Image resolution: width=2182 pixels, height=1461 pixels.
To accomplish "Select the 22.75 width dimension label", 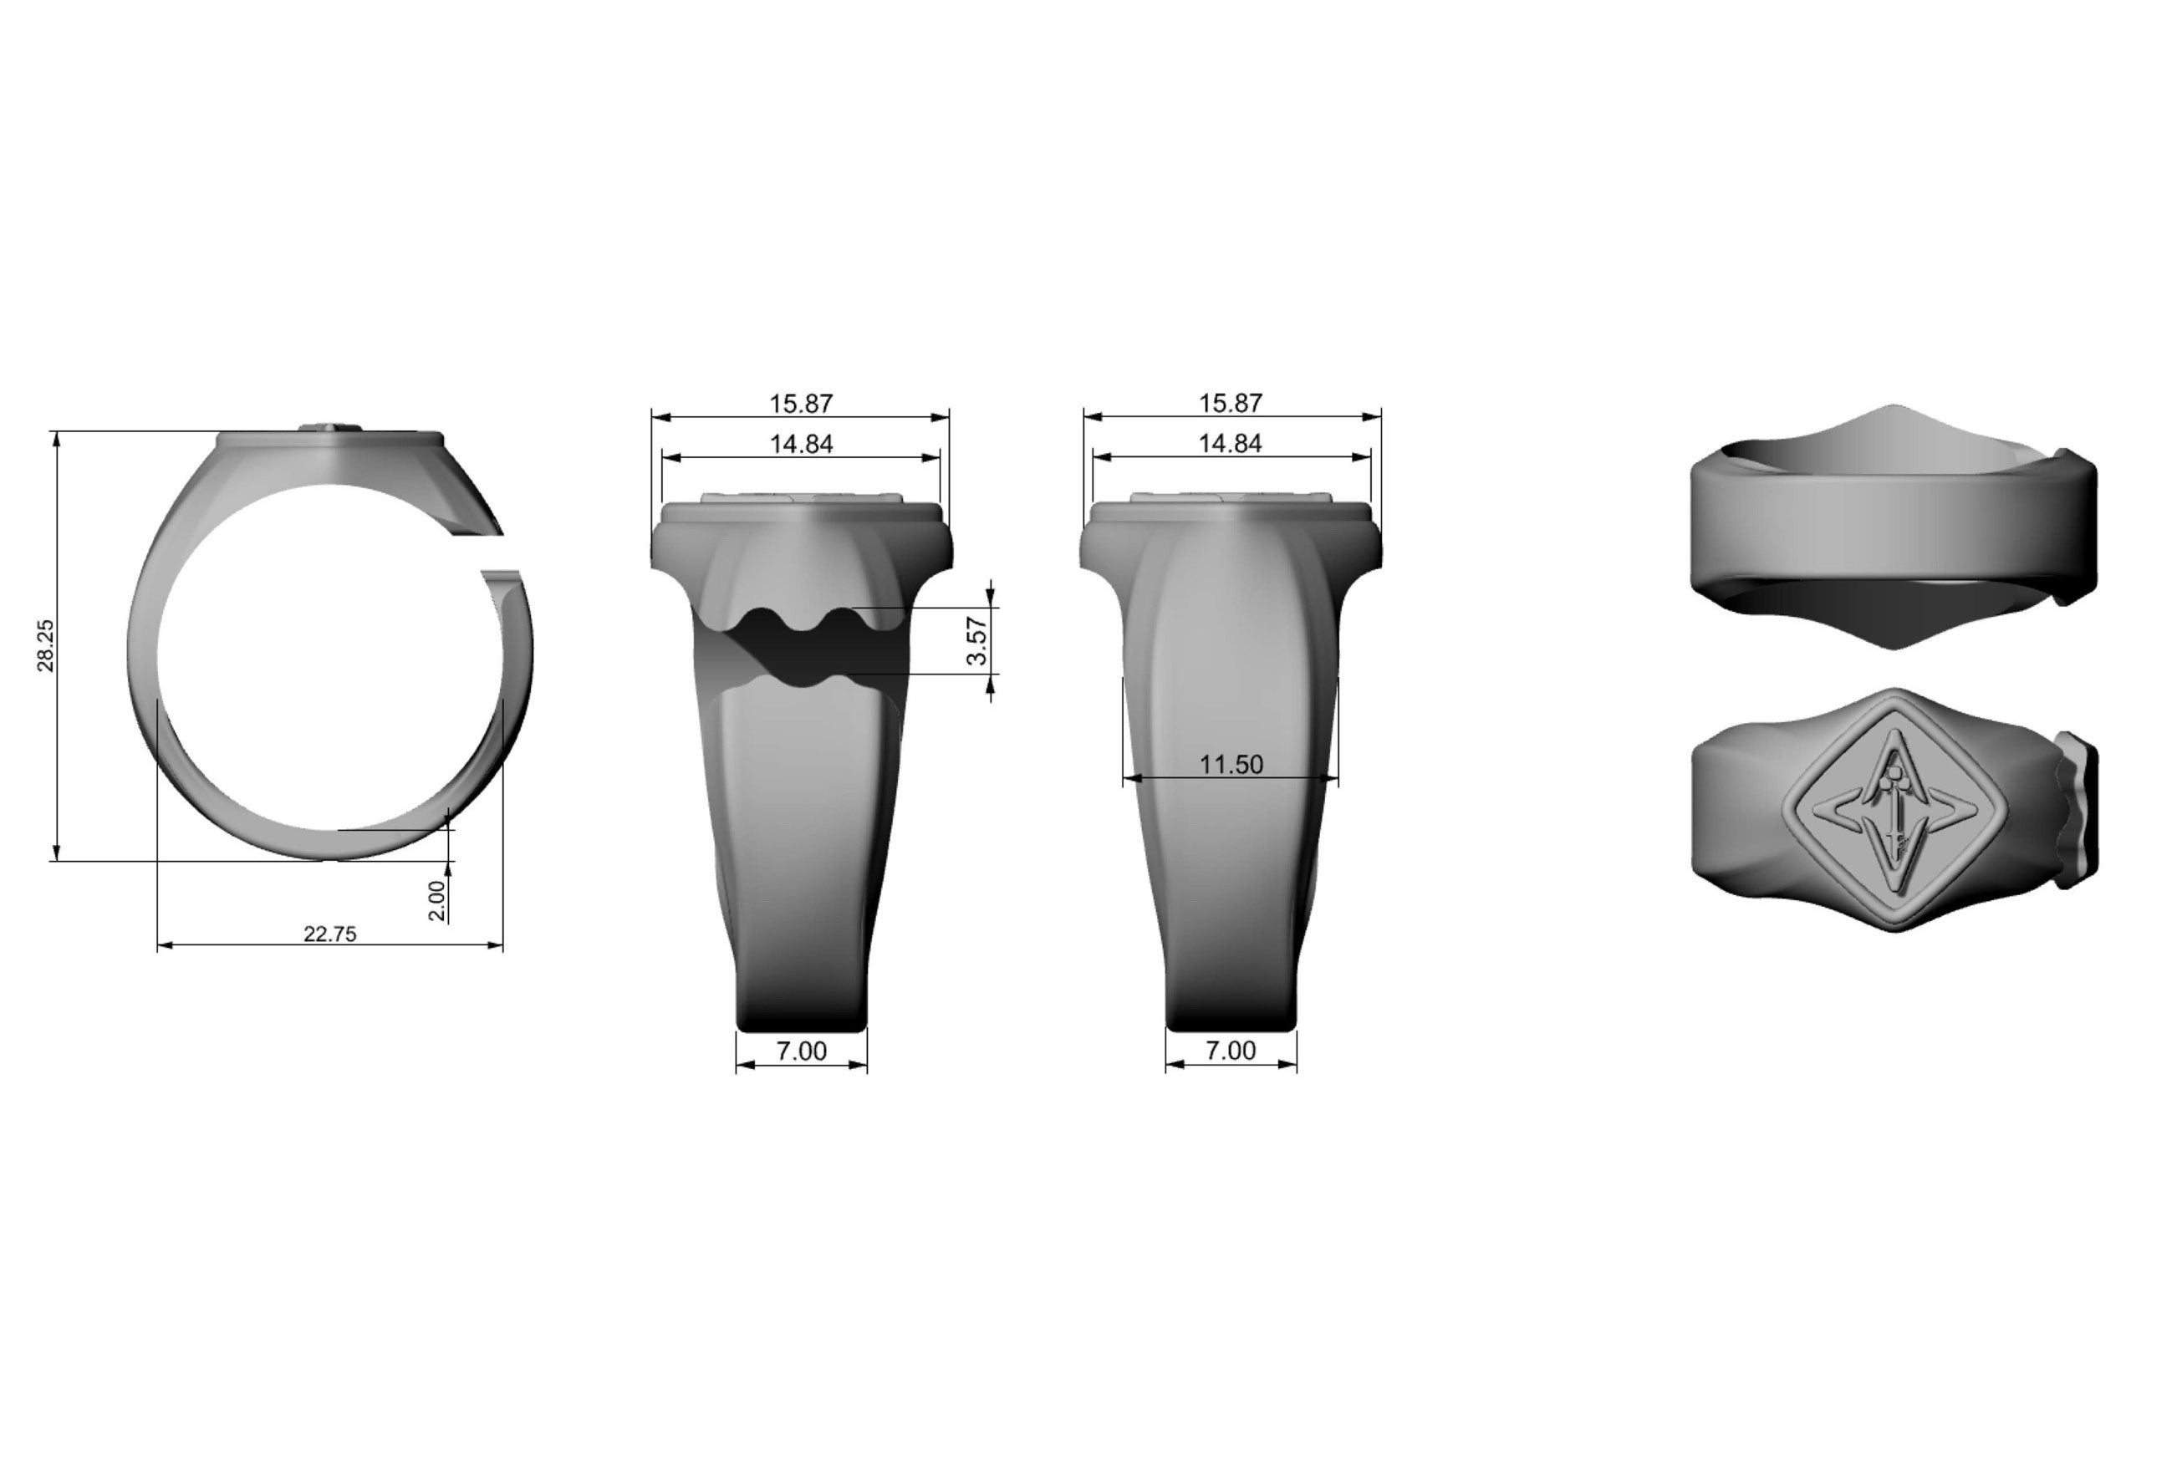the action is tap(330, 934).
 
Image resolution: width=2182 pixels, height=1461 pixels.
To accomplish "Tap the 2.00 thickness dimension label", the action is tap(437, 900).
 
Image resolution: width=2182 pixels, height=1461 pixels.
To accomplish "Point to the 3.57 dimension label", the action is tap(976, 640).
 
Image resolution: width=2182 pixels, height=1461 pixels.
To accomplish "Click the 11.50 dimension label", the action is tap(1231, 764).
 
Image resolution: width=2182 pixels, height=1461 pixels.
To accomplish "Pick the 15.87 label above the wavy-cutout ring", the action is tap(801, 404).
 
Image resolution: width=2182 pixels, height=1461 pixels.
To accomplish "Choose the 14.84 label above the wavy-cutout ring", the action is tap(801, 444).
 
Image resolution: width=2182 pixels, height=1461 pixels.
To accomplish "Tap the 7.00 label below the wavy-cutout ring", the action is tap(801, 1051).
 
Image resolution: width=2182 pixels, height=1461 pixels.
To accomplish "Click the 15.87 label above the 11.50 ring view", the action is tap(1231, 403).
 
